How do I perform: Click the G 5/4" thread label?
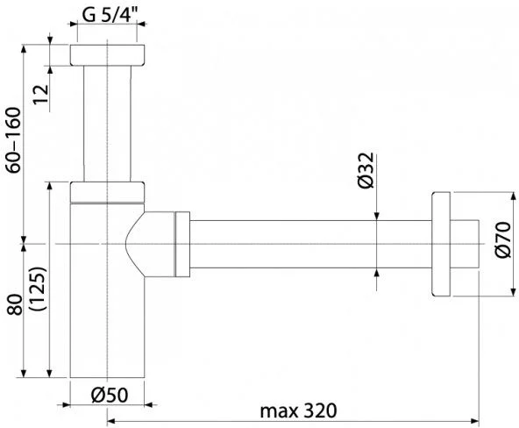point(110,15)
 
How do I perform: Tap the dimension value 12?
point(41,95)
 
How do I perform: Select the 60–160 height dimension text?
point(14,140)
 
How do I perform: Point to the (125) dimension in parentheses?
point(38,289)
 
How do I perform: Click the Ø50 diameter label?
point(110,395)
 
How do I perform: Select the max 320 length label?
point(298,410)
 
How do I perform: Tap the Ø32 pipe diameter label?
point(366,170)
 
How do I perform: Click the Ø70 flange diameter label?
point(503,239)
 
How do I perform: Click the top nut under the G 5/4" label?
point(107,55)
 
